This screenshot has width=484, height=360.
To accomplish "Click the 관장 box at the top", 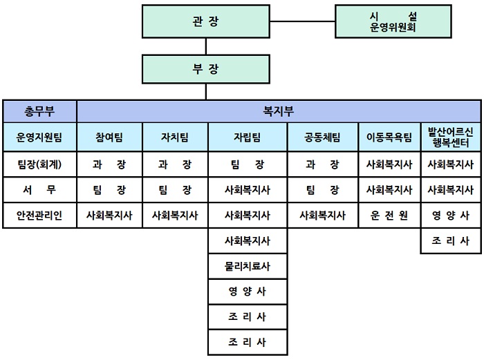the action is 206,21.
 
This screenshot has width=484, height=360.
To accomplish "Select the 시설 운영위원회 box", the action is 393,21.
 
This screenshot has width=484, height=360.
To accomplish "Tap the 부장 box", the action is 206,69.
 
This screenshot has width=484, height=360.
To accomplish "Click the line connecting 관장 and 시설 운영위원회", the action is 303,21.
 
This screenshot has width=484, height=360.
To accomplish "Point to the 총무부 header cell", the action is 39,111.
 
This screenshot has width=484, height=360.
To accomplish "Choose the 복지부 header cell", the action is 279,111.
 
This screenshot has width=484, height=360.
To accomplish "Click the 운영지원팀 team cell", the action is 39,137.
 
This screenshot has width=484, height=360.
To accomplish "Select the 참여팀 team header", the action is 109,137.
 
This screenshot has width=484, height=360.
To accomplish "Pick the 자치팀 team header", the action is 176,137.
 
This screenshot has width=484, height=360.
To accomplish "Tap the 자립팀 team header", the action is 248,137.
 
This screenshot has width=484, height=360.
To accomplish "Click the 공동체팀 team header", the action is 323,137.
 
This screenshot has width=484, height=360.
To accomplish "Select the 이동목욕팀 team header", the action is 389,137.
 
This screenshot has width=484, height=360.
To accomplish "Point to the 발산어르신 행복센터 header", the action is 451,137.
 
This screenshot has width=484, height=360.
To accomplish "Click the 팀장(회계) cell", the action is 39,164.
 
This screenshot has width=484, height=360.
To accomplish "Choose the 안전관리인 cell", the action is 39,215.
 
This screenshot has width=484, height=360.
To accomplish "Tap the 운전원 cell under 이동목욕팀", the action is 389,215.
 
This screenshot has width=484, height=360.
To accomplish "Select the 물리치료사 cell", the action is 248,266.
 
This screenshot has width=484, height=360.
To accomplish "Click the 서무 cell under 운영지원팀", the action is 39,189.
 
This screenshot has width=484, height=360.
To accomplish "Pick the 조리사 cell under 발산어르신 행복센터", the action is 451,240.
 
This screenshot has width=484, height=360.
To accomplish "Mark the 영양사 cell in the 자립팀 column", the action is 248,292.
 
